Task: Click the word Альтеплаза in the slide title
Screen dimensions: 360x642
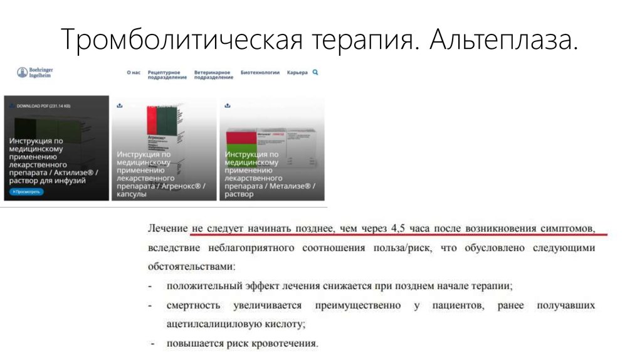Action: (503, 40)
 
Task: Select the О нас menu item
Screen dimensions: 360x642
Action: (134, 73)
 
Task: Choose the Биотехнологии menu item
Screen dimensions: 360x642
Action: (260, 73)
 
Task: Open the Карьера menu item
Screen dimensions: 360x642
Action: (297, 73)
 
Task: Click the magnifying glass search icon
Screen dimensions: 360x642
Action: (315, 72)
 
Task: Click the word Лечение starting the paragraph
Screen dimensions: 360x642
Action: (167, 228)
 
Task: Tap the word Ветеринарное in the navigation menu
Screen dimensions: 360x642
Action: (213, 73)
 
